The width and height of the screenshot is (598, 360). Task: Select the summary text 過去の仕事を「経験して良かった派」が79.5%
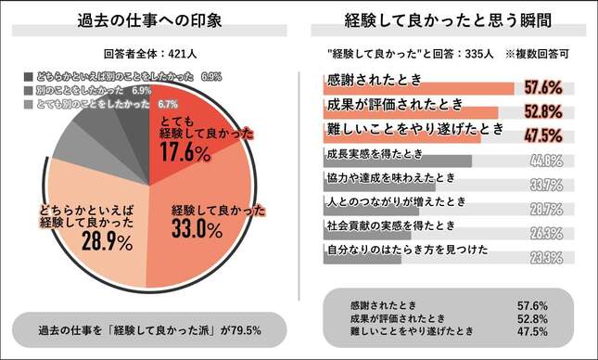150,329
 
